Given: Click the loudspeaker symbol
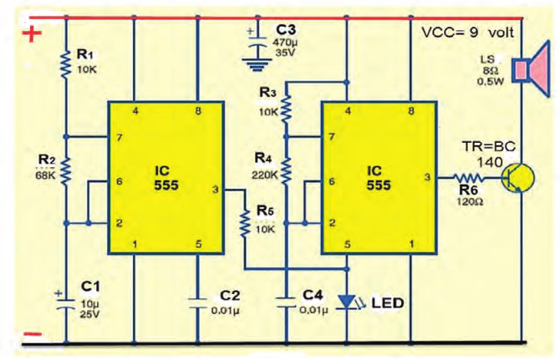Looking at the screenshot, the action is click(x=531, y=68).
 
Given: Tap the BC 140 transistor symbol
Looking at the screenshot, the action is click(x=517, y=178).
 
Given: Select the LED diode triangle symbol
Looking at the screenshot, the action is click(x=346, y=302).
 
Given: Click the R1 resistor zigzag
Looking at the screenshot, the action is click(x=66, y=64).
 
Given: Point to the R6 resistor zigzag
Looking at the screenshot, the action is click(x=469, y=177).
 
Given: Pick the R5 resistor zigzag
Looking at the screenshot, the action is click(x=245, y=224).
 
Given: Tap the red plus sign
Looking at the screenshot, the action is click(x=32, y=34).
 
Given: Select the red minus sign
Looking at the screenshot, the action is click(x=32, y=335).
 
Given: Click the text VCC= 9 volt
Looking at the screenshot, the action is click(x=467, y=33).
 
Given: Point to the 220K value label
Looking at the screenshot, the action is click(x=265, y=175).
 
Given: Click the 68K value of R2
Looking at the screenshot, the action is click(x=45, y=175).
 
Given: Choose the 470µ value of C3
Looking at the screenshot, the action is click(x=286, y=42).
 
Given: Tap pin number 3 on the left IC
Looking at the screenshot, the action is click(x=216, y=189).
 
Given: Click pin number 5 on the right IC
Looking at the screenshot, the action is click(x=347, y=245).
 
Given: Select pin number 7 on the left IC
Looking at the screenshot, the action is click(x=120, y=137).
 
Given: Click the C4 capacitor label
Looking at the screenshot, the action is click(x=313, y=296).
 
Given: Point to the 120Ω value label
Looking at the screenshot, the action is click(x=470, y=201).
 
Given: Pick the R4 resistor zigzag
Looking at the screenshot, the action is click(x=286, y=171).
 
